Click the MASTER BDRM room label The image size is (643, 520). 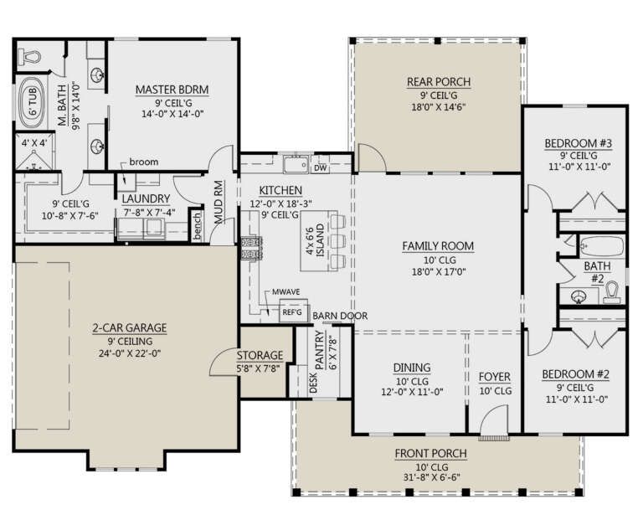pyautogui.click(x=172, y=90)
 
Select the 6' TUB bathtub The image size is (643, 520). pyautogui.click(x=33, y=102)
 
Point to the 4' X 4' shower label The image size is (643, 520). pyautogui.click(x=34, y=143)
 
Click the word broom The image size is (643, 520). pyautogui.click(x=143, y=162)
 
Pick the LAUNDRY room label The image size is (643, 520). pyautogui.click(x=146, y=198)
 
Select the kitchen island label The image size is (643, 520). pyautogui.click(x=315, y=240)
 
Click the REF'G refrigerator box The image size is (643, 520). pyautogui.click(x=292, y=312)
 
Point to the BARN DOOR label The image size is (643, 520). pyautogui.click(x=340, y=316)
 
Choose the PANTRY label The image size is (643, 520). pyautogui.click(x=319, y=348)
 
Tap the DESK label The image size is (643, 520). pyautogui.click(x=313, y=382)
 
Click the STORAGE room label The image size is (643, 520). pyautogui.click(x=260, y=355)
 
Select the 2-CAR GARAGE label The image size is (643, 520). pyautogui.click(x=130, y=327)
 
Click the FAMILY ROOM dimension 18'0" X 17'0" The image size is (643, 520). pyautogui.click(x=439, y=271)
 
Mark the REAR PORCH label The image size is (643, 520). pyautogui.click(x=439, y=81)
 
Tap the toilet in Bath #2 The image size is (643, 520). pyautogui.click(x=612, y=292)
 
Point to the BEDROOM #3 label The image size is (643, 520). pyautogui.click(x=579, y=143)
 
